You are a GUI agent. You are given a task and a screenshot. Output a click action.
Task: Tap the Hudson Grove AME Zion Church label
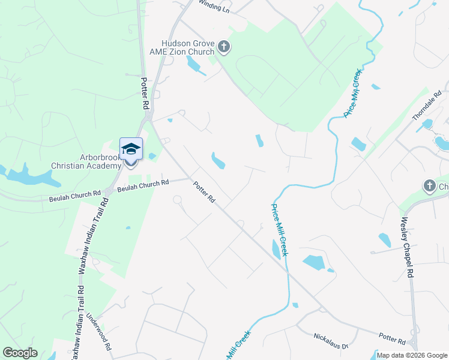coord(187,47)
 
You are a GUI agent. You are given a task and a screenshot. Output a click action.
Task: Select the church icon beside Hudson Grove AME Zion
coord(224,47)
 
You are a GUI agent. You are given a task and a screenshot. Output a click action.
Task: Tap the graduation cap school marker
coord(131,149)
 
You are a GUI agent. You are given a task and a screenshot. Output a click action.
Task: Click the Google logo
coord(20,353)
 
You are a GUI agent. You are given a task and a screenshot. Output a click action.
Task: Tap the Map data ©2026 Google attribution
coord(411,355)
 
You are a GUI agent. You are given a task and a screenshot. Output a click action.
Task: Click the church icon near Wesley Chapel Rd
coord(429,186)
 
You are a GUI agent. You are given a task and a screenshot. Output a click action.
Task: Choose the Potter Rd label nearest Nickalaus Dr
coord(392,339)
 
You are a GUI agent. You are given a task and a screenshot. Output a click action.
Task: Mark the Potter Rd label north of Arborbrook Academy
coord(145,92)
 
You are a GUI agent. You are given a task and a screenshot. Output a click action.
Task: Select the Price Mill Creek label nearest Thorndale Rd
coord(353,93)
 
